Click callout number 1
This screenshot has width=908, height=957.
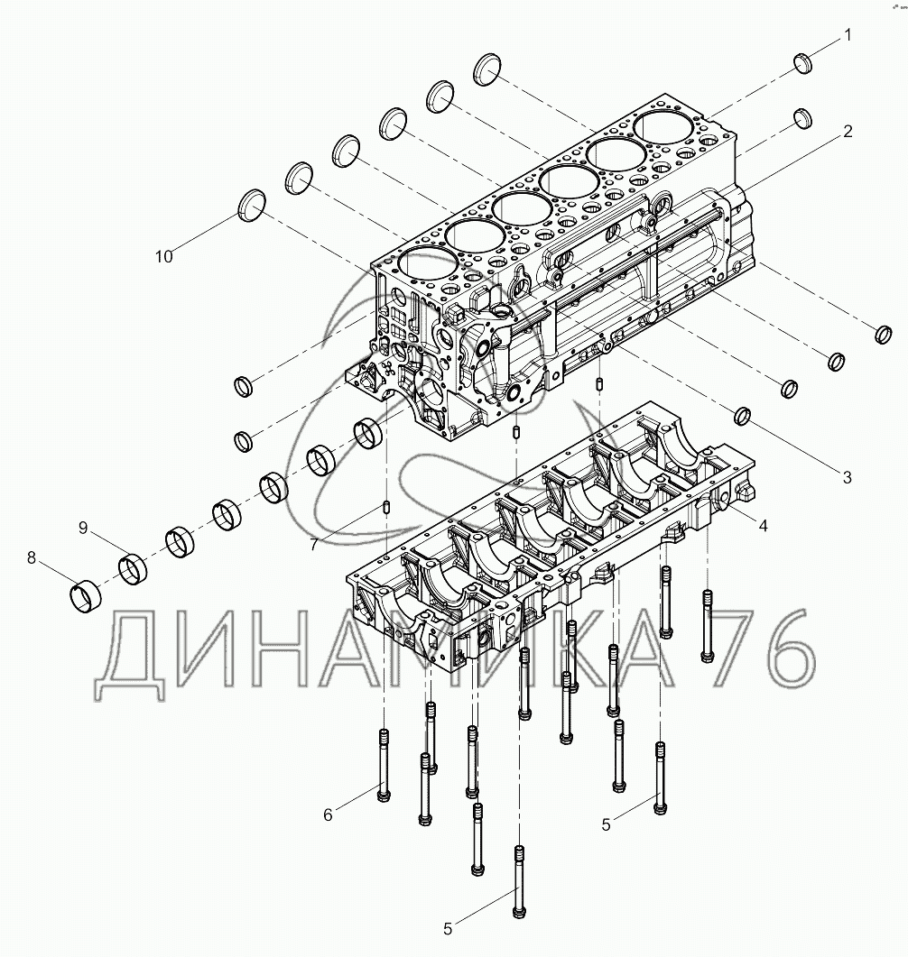click(848, 35)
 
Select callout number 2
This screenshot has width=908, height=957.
click(848, 131)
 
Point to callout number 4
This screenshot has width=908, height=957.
click(763, 524)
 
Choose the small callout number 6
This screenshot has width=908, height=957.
click(328, 814)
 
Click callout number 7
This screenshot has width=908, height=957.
click(313, 544)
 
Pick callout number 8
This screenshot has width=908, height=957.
click(32, 558)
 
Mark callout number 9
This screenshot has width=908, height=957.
click(83, 528)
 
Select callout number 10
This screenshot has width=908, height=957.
click(162, 256)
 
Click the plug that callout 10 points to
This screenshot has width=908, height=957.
click(252, 204)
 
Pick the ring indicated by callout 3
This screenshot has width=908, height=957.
click(743, 415)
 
